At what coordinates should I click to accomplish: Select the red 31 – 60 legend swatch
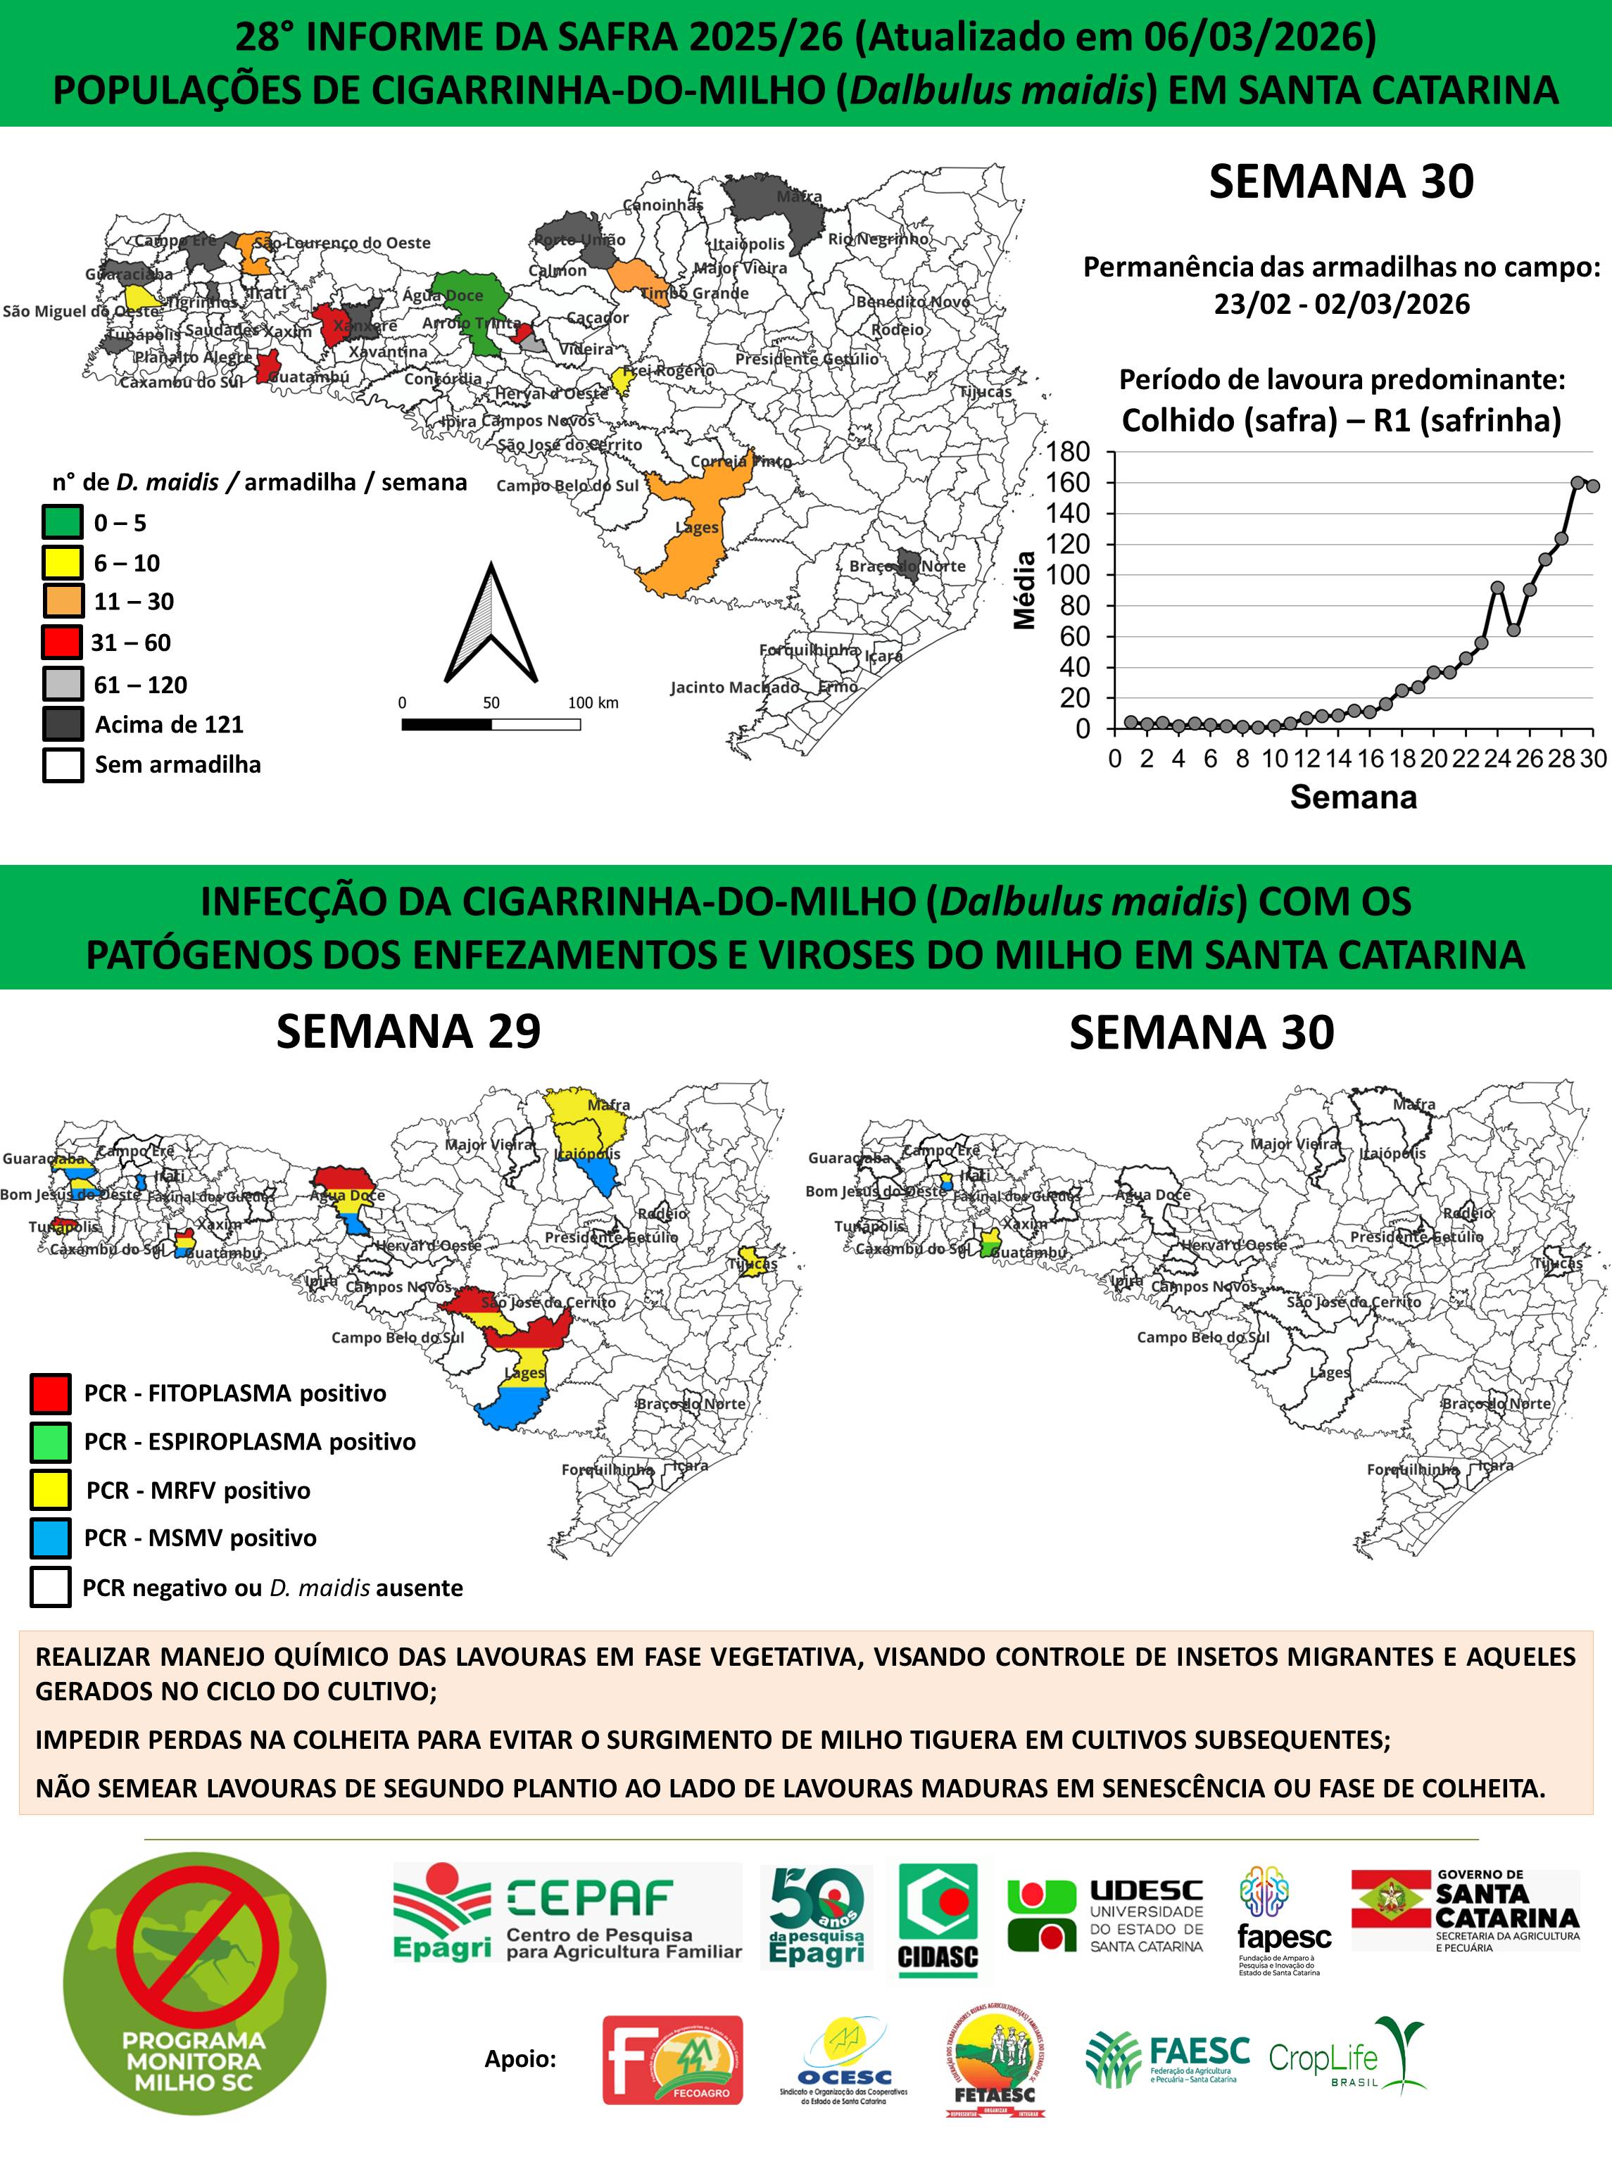coord(61,643)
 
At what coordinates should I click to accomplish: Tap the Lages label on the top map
coord(698,528)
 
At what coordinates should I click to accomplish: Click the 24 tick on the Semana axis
coord(1498,759)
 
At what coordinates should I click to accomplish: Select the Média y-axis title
coord(1024,590)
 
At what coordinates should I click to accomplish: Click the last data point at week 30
coord(1592,486)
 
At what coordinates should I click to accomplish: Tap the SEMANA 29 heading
coord(408,1032)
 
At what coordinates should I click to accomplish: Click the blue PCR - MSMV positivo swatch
coord(50,1538)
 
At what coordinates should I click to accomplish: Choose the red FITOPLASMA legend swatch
coord(50,1393)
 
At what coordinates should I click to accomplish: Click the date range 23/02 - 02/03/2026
coord(1342,304)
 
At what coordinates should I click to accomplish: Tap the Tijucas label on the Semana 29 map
coord(753,1264)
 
